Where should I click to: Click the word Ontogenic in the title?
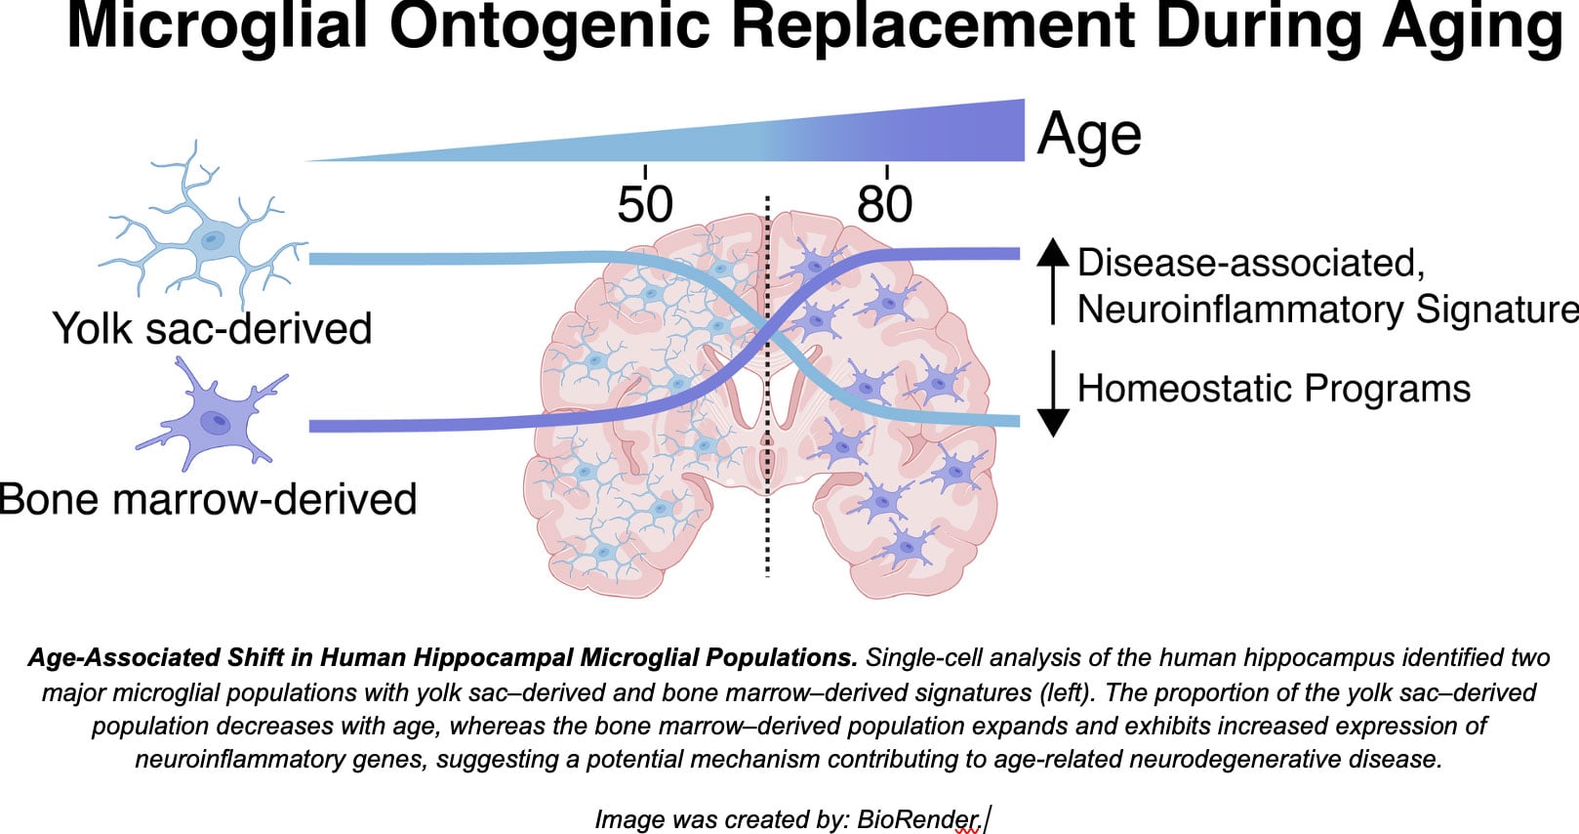[549, 26]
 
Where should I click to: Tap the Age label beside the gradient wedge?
[1089, 134]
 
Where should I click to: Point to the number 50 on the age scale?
[645, 204]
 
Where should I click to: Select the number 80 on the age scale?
[885, 204]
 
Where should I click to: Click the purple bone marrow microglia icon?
[212, 416]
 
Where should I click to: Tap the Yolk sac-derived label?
[212, 328]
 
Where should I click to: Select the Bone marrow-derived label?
[208, 498]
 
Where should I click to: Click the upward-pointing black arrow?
[1053, 281]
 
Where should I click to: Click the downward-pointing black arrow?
[1053, 394]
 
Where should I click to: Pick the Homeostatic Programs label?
[1274, 388]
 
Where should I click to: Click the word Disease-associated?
[1251, 263]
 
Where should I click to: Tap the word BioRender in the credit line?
[917, 819]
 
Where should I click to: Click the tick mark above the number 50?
[645, 172]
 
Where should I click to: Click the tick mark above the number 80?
[886, 172]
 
